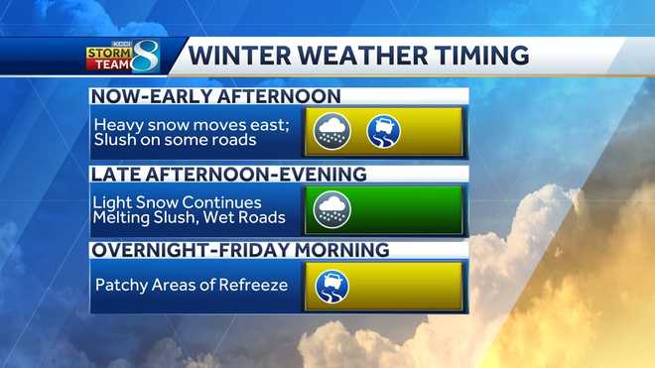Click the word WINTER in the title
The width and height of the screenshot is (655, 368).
click(x=239, y=56)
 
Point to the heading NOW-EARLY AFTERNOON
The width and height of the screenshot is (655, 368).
click(x=215, y=97)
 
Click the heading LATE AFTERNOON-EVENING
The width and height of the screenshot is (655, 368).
click(x=229, y=175)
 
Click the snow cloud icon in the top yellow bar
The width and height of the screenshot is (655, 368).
click(x=333, y=131)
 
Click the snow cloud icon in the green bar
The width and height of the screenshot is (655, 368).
click(x=333, y=208)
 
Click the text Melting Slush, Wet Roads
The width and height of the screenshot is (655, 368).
click(x=191, y=217)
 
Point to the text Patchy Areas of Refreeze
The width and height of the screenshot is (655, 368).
click(x=191, y=286)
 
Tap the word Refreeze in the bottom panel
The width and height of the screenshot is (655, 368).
click(x=253, y=286)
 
